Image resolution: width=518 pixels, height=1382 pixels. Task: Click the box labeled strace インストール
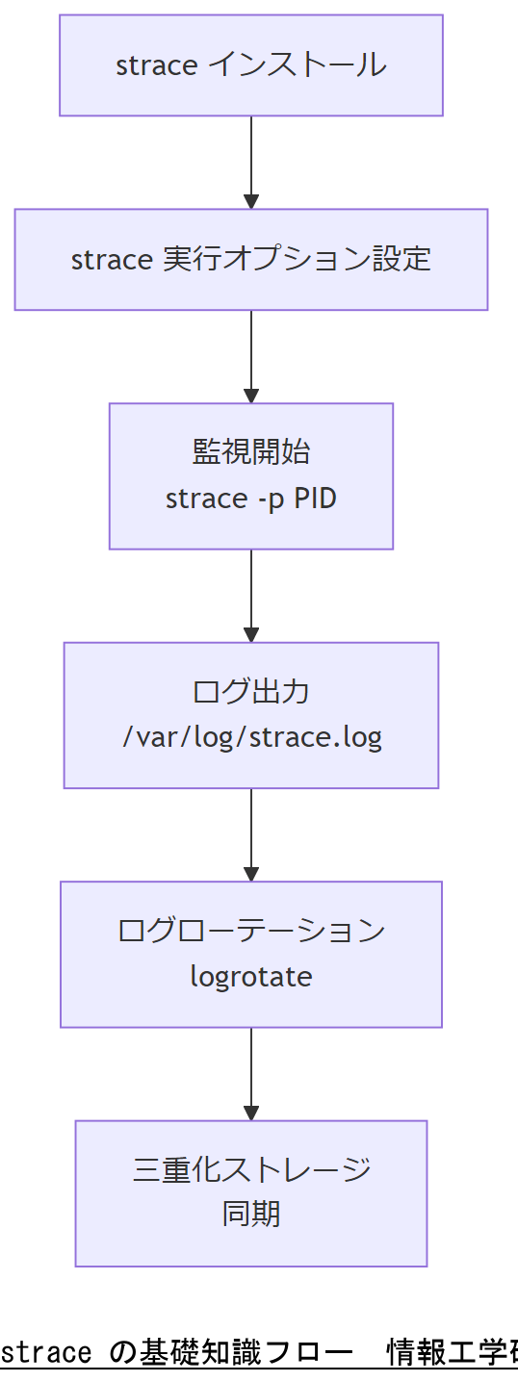click(250, 65)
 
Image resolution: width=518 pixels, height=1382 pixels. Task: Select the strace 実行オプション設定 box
click(250, 260)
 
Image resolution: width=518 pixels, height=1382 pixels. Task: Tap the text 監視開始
click(250, 452)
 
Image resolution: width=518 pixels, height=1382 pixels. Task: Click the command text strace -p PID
click(250, 499)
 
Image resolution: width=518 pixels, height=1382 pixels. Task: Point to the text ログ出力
click(250, 692)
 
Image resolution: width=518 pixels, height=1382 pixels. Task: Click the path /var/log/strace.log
click(251, 738)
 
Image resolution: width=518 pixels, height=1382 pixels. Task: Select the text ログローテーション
click(250, 931)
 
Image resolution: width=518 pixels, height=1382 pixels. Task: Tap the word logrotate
click(250, 977)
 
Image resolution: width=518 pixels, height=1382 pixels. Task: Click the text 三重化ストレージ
click(250, 1169)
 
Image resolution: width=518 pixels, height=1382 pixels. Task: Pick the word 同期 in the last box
click(250, 1215)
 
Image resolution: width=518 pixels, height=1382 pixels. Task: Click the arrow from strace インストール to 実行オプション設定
click(251, 162)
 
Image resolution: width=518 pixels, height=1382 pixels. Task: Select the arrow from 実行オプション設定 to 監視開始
click(251, 356)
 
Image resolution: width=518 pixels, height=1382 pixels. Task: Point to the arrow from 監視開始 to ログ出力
click(251, 596)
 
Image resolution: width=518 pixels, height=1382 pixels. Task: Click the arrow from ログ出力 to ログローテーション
click(251, 834)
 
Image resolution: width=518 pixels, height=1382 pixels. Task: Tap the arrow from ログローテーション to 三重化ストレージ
click(251, 1073)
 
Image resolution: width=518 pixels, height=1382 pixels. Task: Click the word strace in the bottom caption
click(46, 1352)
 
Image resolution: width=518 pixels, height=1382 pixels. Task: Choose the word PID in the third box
click(315, 499)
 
